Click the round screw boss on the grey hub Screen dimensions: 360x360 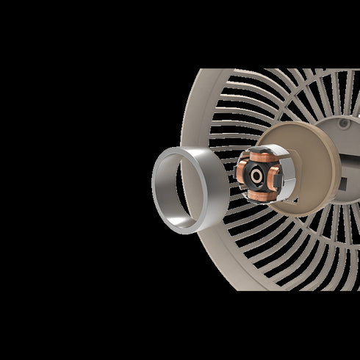(x=343, y=123)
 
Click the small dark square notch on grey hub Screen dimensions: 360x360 (x=341, y=181)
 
